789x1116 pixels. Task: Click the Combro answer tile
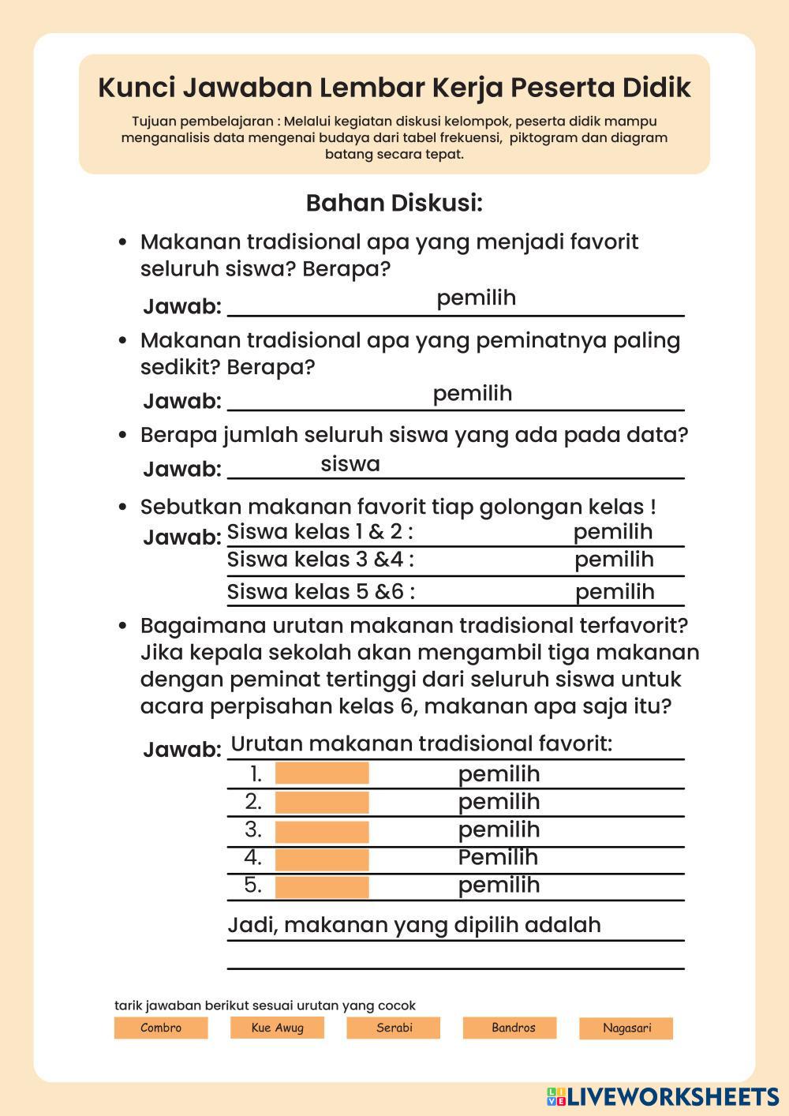[x=161, y=1028]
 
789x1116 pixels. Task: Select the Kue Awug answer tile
[x=277, y=1028]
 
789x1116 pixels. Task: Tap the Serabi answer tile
[x=393, y=1028]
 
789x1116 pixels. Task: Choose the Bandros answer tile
[x=510, y=1028]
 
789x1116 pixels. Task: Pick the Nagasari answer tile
[x=626, y=1028]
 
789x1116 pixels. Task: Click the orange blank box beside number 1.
[x=322, y=773]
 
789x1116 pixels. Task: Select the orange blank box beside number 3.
[x=322, y=830]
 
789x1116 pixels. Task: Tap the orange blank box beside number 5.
[x=322, y=886]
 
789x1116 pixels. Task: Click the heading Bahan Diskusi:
[x=394, y=204]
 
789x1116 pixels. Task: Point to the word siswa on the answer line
[x=350, y=464]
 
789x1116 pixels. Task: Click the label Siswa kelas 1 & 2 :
[x=320, y=532]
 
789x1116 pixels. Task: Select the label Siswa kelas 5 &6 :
[x=321, y=592]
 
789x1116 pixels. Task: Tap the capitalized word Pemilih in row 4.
[x=499, y=857]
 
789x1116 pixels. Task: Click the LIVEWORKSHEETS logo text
[x=671, y=1096]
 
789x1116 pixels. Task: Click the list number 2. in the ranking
[x=253, y=802]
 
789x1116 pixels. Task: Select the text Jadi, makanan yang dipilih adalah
[x=414, y=925]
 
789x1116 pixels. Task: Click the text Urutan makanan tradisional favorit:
[x=421, y=744]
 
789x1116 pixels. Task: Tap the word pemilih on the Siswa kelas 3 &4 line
[x=614, y=560]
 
